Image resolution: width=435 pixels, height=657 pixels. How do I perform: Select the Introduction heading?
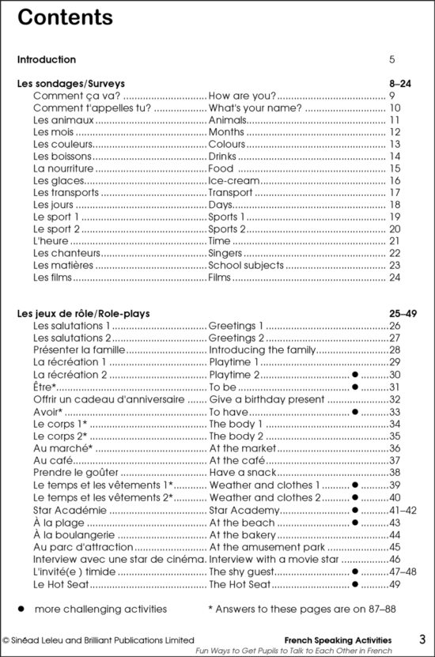pyautogui.click(x=47, y=59)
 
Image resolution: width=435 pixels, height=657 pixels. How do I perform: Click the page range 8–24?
pyautogui.click(x=403, y=83)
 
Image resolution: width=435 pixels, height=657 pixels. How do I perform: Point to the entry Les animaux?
pyautogui.click(x=63, y=120)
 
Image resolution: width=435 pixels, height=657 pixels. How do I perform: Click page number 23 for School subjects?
pyautogui.click(x=395, y=266)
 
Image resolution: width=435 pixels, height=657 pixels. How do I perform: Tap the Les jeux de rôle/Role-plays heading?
pyautogui.click(x=84, y=314)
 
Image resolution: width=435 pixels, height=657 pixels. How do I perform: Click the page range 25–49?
pyautogui.click(x=402, y=314)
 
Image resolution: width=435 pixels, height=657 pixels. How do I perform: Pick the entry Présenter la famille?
pyautogui.click(x=79, y=350)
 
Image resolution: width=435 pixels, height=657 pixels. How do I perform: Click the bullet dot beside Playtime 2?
pyautogui.click(x=355, y=375)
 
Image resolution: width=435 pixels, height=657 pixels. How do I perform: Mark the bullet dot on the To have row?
pyautogui.click(x=355, y=411)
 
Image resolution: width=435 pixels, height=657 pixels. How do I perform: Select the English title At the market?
pyautogui.click(x=243, y=447)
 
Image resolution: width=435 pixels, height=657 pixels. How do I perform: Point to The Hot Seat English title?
pyautogui.click(x=240, y=584)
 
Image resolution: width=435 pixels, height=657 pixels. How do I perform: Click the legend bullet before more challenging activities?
pyautogui.click(x=22, y=610)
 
